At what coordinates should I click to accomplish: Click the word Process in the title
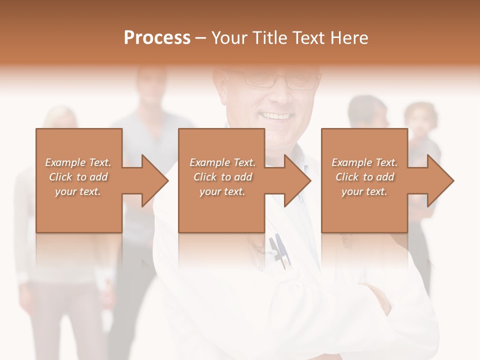pyautogui.click(x=157, y=37)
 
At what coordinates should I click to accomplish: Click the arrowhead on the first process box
pyautogui.click(x=152, y=180)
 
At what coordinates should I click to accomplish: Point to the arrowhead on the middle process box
pyautogui.click(x=294, y=180)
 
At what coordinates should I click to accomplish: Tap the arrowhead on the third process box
pyautogui.click(x=437, y=180)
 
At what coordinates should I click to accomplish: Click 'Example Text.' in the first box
pyautogui.click(x=78, y=162)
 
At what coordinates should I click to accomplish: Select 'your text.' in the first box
pyautogui.click(x=78, y=191)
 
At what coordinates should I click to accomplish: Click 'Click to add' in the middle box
pyautogui.click(x=222, y=177)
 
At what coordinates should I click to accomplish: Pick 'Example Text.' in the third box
pyautogui.click(x=364, y=162)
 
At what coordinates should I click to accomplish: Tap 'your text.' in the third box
pyautogui.click(x=364, y=191)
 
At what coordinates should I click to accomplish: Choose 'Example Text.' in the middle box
pyautogui.click(x=222, y=162)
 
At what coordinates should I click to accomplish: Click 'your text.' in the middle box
pyautogui.click(x=222, y=191)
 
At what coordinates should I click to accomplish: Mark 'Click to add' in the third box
pyautogui.click(x=364, y=177)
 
